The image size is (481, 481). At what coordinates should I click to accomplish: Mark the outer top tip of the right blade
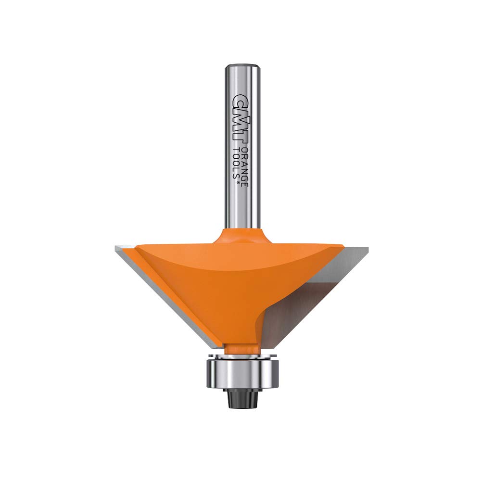coord(367,249)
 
